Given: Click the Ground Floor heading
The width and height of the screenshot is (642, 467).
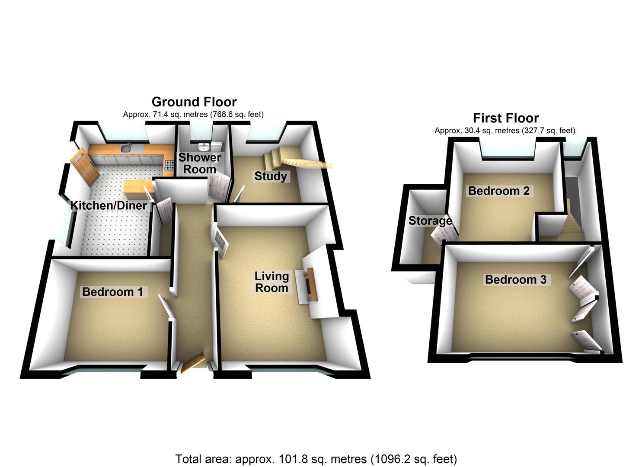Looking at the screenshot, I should point(194,102).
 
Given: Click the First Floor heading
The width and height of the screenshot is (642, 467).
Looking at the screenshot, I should point(505,118).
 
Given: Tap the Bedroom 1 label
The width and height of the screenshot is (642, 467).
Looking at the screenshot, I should point(112,292).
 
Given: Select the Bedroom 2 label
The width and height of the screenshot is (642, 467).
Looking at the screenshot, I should point(498,191).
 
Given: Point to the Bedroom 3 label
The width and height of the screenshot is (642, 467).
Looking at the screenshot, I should point(515,280).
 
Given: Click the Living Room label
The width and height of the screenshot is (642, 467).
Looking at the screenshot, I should point(271,282).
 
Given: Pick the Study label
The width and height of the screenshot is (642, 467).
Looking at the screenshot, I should point(270,176).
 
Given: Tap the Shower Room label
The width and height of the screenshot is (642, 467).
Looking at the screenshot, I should point(199,163).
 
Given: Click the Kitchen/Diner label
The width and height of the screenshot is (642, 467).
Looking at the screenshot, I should point(109,205).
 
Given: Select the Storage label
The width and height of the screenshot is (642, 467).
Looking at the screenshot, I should point(430,221).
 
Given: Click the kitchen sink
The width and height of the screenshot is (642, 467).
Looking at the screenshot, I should point(126,149).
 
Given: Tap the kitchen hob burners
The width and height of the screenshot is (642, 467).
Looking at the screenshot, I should point(169,165).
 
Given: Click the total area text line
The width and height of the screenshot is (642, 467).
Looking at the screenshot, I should point(316,459).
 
